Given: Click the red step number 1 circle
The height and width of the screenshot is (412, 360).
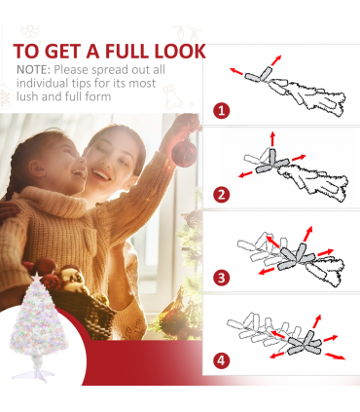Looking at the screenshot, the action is click(222, 111).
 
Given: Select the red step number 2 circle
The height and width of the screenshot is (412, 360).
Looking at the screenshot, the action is click(222, 195).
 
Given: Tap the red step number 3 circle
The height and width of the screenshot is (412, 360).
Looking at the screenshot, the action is click(222, 278).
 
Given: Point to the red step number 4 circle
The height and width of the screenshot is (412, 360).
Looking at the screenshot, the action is click(222, 360).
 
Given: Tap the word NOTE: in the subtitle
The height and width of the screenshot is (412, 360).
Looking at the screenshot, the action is click(34, 70).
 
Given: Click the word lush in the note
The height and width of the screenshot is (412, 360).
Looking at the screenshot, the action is click(27, 96).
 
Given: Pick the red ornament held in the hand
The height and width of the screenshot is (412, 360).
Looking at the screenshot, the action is click(184, 152).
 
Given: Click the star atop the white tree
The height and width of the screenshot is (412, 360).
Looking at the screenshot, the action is click(37, 278).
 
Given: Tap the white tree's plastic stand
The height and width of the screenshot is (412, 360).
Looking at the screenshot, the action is click(33, 373).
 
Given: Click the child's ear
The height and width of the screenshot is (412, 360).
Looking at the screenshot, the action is click(37, 169).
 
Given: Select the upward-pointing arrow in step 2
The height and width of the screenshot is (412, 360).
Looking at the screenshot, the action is click(272, 138).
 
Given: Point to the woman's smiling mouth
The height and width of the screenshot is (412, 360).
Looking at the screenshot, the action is click(101, 174).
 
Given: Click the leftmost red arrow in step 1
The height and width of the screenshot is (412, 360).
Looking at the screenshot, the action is click(236, 71).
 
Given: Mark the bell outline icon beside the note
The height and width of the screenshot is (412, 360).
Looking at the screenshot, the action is click(171, 96).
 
